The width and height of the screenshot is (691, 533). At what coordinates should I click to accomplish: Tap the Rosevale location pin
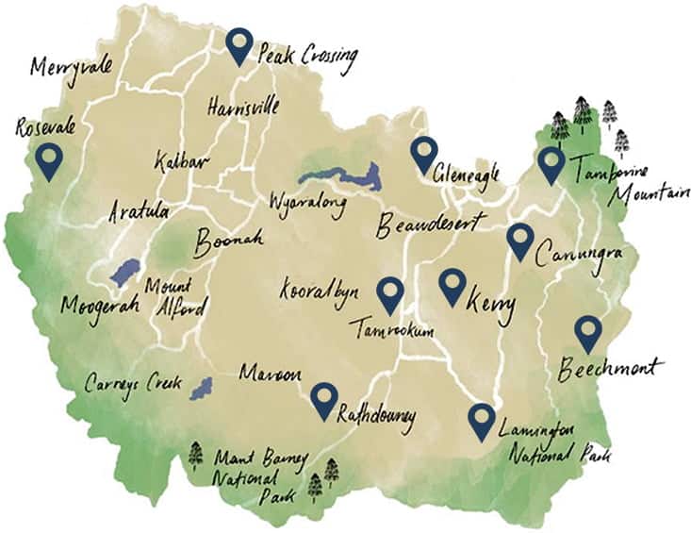click(x=48, y=161)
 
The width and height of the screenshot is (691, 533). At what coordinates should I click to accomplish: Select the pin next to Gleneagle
click(x=424, y=154)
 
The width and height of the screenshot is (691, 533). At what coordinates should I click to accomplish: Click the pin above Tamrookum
click(x=389, y=295)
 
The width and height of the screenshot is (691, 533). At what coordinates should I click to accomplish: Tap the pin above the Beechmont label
click(x=588, y=333)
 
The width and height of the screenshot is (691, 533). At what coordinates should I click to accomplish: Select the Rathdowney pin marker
click(x=324, y=401)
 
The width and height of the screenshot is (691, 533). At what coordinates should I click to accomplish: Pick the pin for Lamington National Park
click(x=482, y=421)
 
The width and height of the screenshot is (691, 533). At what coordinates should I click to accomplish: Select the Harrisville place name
click(x=242, y=106)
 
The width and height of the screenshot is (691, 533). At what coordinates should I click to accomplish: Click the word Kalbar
click(x=179, y=158)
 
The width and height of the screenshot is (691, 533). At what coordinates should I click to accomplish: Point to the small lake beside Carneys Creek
click(x=200, y=388)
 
